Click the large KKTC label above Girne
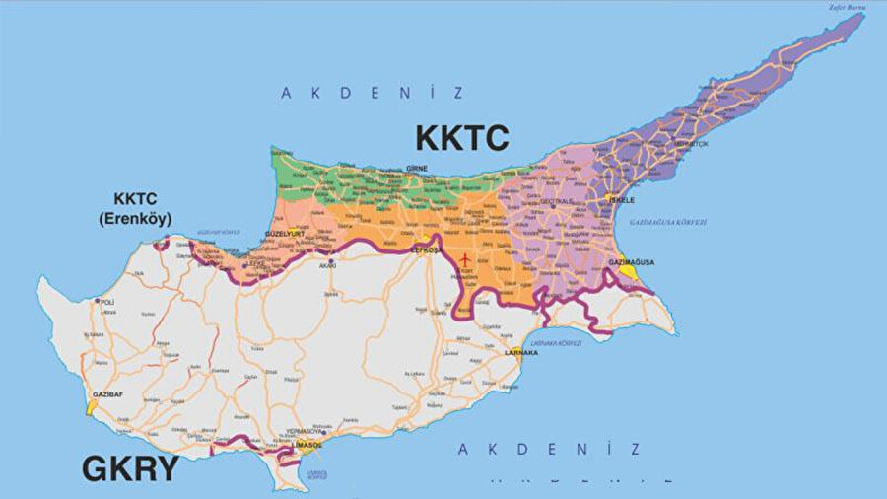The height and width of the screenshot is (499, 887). [461, 137]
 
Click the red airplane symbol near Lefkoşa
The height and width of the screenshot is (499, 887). [464, 259]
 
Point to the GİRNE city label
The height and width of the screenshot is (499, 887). [417, 169]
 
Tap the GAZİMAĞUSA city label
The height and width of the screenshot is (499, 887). [632, 262]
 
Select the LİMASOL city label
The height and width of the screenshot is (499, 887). [307, 445]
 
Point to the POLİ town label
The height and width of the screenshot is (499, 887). [107, 301]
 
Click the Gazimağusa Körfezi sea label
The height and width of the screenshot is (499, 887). [667, 223]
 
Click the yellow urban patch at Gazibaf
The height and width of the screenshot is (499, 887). [91, 405]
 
